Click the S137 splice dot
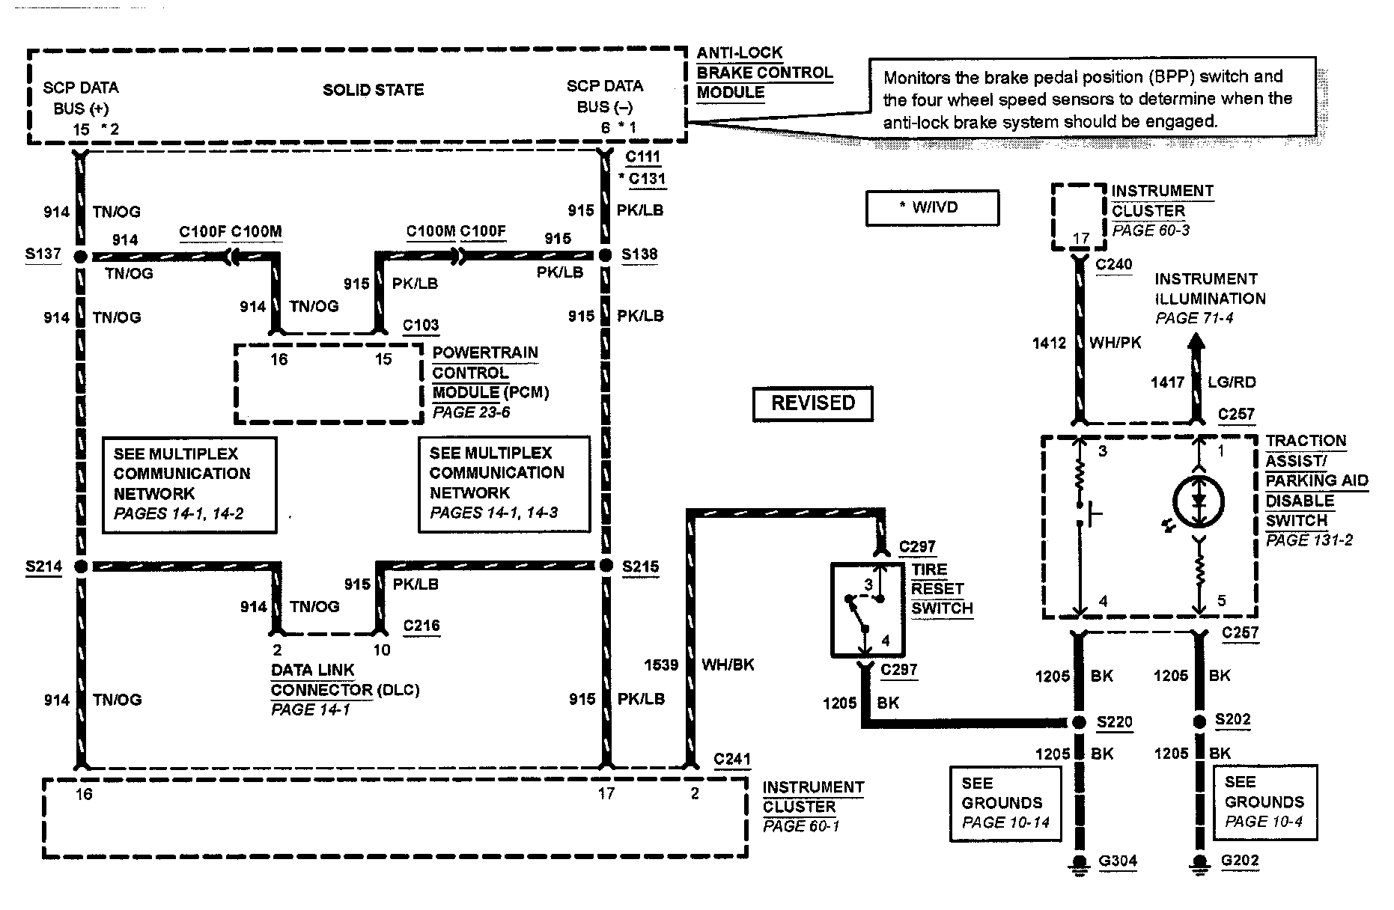[81, 257]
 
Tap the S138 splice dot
[606, 256]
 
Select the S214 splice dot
[81, 567]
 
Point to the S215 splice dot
[606, 566]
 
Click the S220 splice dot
[1079, 723]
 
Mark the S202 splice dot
[1199, 721]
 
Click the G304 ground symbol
[1079, 864]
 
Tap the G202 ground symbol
[1199, 864]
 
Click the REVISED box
[813, 404]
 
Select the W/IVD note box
[932, 208]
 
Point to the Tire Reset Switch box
[868, 610]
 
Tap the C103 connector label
[421, 326]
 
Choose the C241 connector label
[732, 759]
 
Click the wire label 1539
[661, 665]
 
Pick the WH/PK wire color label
[1115, 343]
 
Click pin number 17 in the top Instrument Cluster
[1080, 239]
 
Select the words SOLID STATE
[373, 91]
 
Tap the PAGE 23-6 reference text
[472, 412]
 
